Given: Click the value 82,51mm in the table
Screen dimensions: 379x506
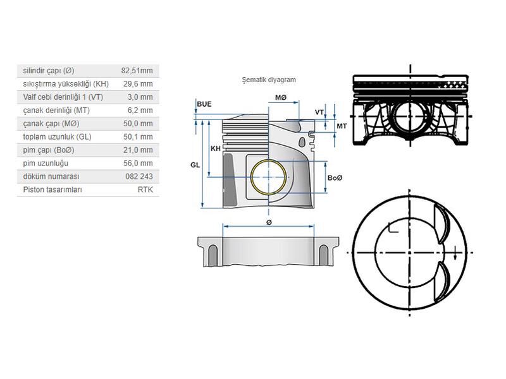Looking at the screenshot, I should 137,71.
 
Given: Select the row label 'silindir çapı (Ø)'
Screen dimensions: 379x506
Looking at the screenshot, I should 49,71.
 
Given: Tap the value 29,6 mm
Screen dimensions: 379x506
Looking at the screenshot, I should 138,84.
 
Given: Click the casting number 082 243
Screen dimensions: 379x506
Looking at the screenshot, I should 139,176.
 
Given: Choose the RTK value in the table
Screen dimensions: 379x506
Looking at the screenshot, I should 145,189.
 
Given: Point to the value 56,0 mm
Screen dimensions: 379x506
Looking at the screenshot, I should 138,163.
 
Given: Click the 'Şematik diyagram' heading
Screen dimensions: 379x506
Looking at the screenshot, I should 269,80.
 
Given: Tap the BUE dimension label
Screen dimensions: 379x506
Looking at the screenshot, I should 204,104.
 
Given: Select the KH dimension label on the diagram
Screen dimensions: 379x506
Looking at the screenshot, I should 216,148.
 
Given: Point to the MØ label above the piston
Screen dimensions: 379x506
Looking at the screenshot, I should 281,98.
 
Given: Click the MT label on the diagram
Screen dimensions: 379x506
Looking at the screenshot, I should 342,126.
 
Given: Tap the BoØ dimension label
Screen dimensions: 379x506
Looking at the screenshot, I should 335,177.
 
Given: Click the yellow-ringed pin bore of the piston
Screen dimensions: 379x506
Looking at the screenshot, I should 269,177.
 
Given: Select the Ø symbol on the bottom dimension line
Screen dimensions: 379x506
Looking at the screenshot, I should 269,223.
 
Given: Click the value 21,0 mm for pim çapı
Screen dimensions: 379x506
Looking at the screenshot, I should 138,150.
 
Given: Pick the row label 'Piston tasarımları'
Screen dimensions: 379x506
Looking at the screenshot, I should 52,189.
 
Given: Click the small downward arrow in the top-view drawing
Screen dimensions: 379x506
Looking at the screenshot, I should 455,255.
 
